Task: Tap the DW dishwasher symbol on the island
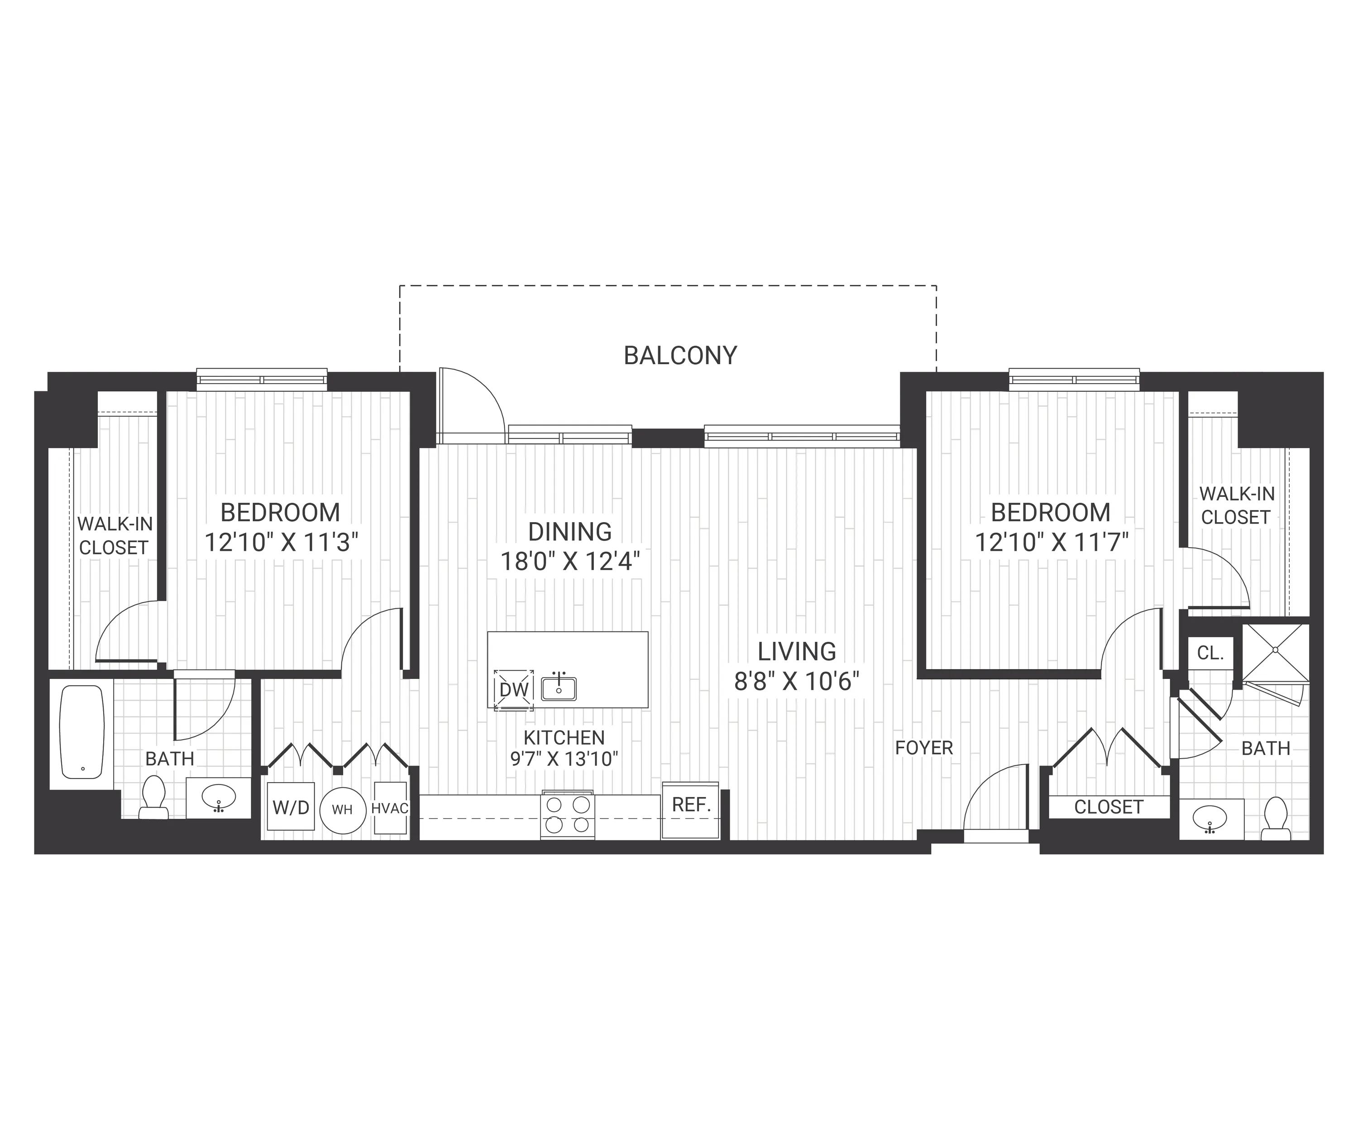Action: [513, 690]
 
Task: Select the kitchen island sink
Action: [559, 688]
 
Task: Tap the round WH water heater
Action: [343, 809]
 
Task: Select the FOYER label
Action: [924, 748]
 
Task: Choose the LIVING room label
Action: [797, 651]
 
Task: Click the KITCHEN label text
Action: [564, 737]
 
